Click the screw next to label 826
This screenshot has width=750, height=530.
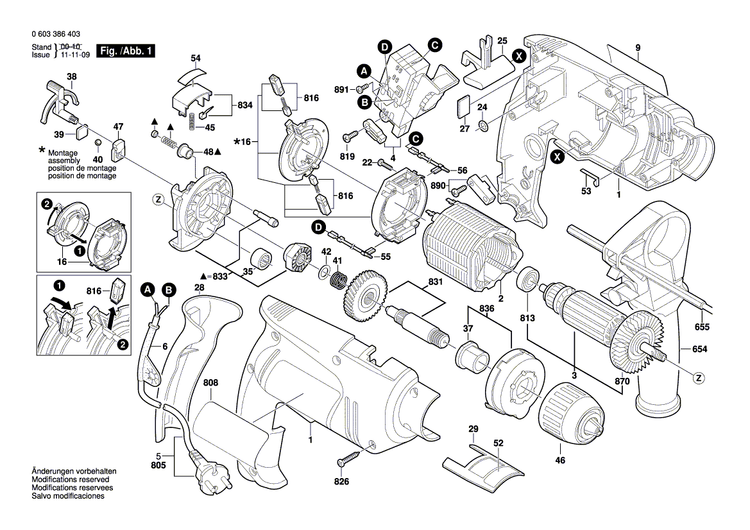351,460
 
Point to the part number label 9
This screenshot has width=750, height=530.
635,48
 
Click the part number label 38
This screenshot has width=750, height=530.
71,77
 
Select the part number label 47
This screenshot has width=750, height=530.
118,126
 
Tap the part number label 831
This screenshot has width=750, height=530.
433,283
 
